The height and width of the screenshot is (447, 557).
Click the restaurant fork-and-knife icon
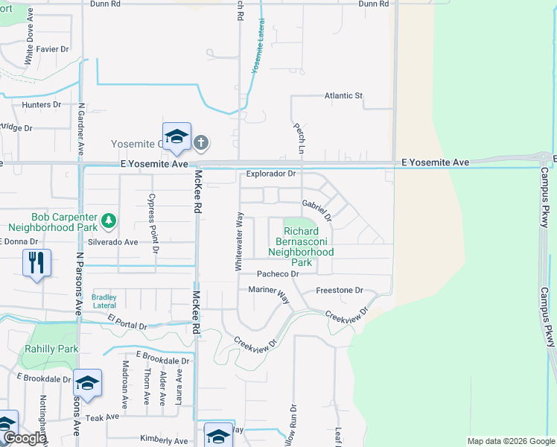(x=36, y=262)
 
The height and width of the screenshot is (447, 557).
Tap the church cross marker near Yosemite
(x=201, y=142)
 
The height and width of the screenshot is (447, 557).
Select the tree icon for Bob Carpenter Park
(x=109, y=220)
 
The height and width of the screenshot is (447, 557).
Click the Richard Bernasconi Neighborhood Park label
(x=302, y=247)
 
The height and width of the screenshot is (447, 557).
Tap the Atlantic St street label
(x=343, y=96)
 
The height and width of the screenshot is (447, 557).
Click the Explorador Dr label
(x=271, y=174)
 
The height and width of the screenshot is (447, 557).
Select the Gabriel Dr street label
(x=316, y=204)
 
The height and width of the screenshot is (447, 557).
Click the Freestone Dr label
(x=339, y=290)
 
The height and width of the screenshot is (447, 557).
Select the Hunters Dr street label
(x=42, y=105)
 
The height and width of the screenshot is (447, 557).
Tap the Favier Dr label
(x=52, y=49)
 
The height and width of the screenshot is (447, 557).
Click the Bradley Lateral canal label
(x=104, y=299)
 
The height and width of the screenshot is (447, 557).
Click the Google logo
(x=24, y=438)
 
